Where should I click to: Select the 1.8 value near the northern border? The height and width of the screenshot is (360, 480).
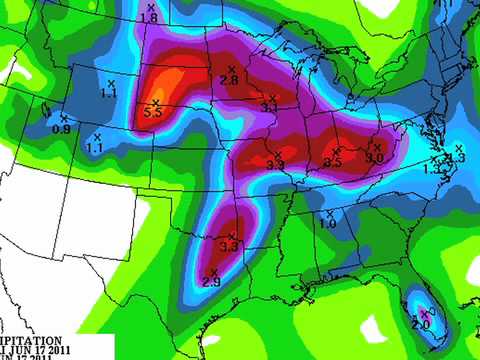click(149, 19)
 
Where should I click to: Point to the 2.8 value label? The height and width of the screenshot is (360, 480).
click(228, 79)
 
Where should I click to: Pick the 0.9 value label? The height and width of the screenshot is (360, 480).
click(61, 129)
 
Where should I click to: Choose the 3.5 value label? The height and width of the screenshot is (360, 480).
click(334, 160)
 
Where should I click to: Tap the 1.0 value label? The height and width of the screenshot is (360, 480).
click(327, 224)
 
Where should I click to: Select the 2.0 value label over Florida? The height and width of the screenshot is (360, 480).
click(420, 325)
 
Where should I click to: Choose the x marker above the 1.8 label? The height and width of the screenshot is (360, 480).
click(151, 6)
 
